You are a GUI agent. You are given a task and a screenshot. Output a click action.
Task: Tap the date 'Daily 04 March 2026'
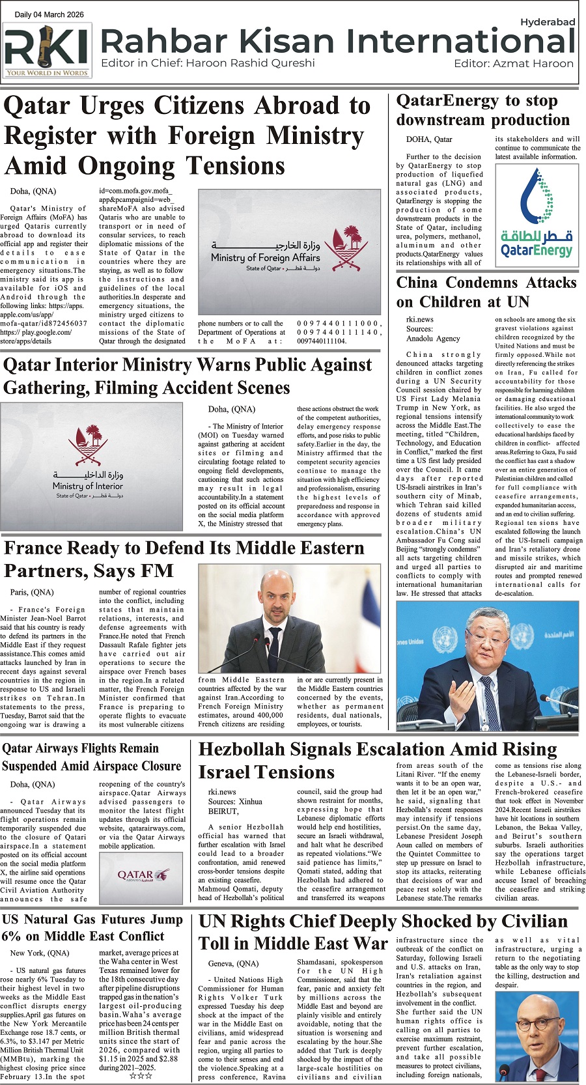[49, 14]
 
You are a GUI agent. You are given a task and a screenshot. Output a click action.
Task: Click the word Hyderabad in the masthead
[547, 22]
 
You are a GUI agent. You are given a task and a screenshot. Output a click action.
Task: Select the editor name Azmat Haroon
[533, 63]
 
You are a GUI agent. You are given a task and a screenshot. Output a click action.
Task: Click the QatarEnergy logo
[537, 215]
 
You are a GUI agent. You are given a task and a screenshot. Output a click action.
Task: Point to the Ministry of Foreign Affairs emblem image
[288, 251]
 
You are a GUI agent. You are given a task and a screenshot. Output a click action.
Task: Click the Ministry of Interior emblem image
[91, 460]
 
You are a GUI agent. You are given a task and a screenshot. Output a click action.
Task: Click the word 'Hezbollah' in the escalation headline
[257, 750]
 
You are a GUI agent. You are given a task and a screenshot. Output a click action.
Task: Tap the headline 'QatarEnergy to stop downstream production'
[482, 110]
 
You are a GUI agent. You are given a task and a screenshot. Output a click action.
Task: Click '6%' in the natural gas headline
[12, 936]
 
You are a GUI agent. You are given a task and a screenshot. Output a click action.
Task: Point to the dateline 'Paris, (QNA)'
[32, 592]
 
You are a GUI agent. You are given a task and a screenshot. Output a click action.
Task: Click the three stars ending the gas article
[141, 1076]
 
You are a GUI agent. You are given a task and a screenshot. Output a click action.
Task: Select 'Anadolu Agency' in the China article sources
[433, 338]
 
